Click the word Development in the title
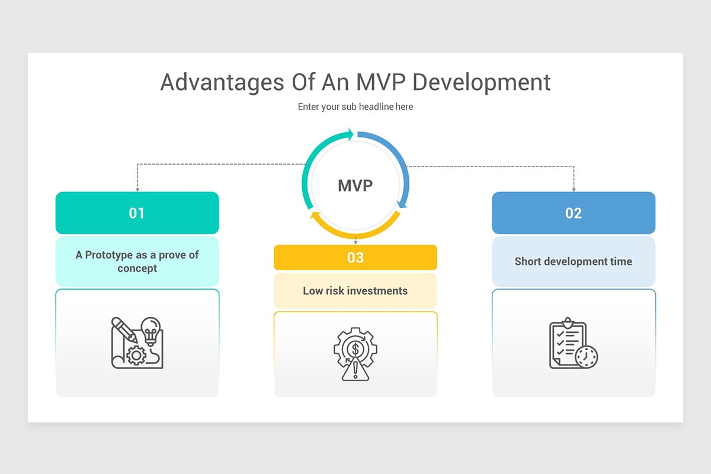coord(481,82)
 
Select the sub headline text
coord(355,107)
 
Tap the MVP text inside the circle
coord(355,185)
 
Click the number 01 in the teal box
coord(137,213)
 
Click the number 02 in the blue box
coord(574,213)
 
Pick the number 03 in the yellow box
coord(355,258)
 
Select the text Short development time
coord(574,261)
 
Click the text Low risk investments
coord(355,291)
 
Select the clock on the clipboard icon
coord(586,357)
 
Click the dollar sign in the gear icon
coord(355,348)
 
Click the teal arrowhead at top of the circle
coord(351,134)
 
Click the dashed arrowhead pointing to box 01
coord(137,189)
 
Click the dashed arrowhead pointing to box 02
coord(574,189)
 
